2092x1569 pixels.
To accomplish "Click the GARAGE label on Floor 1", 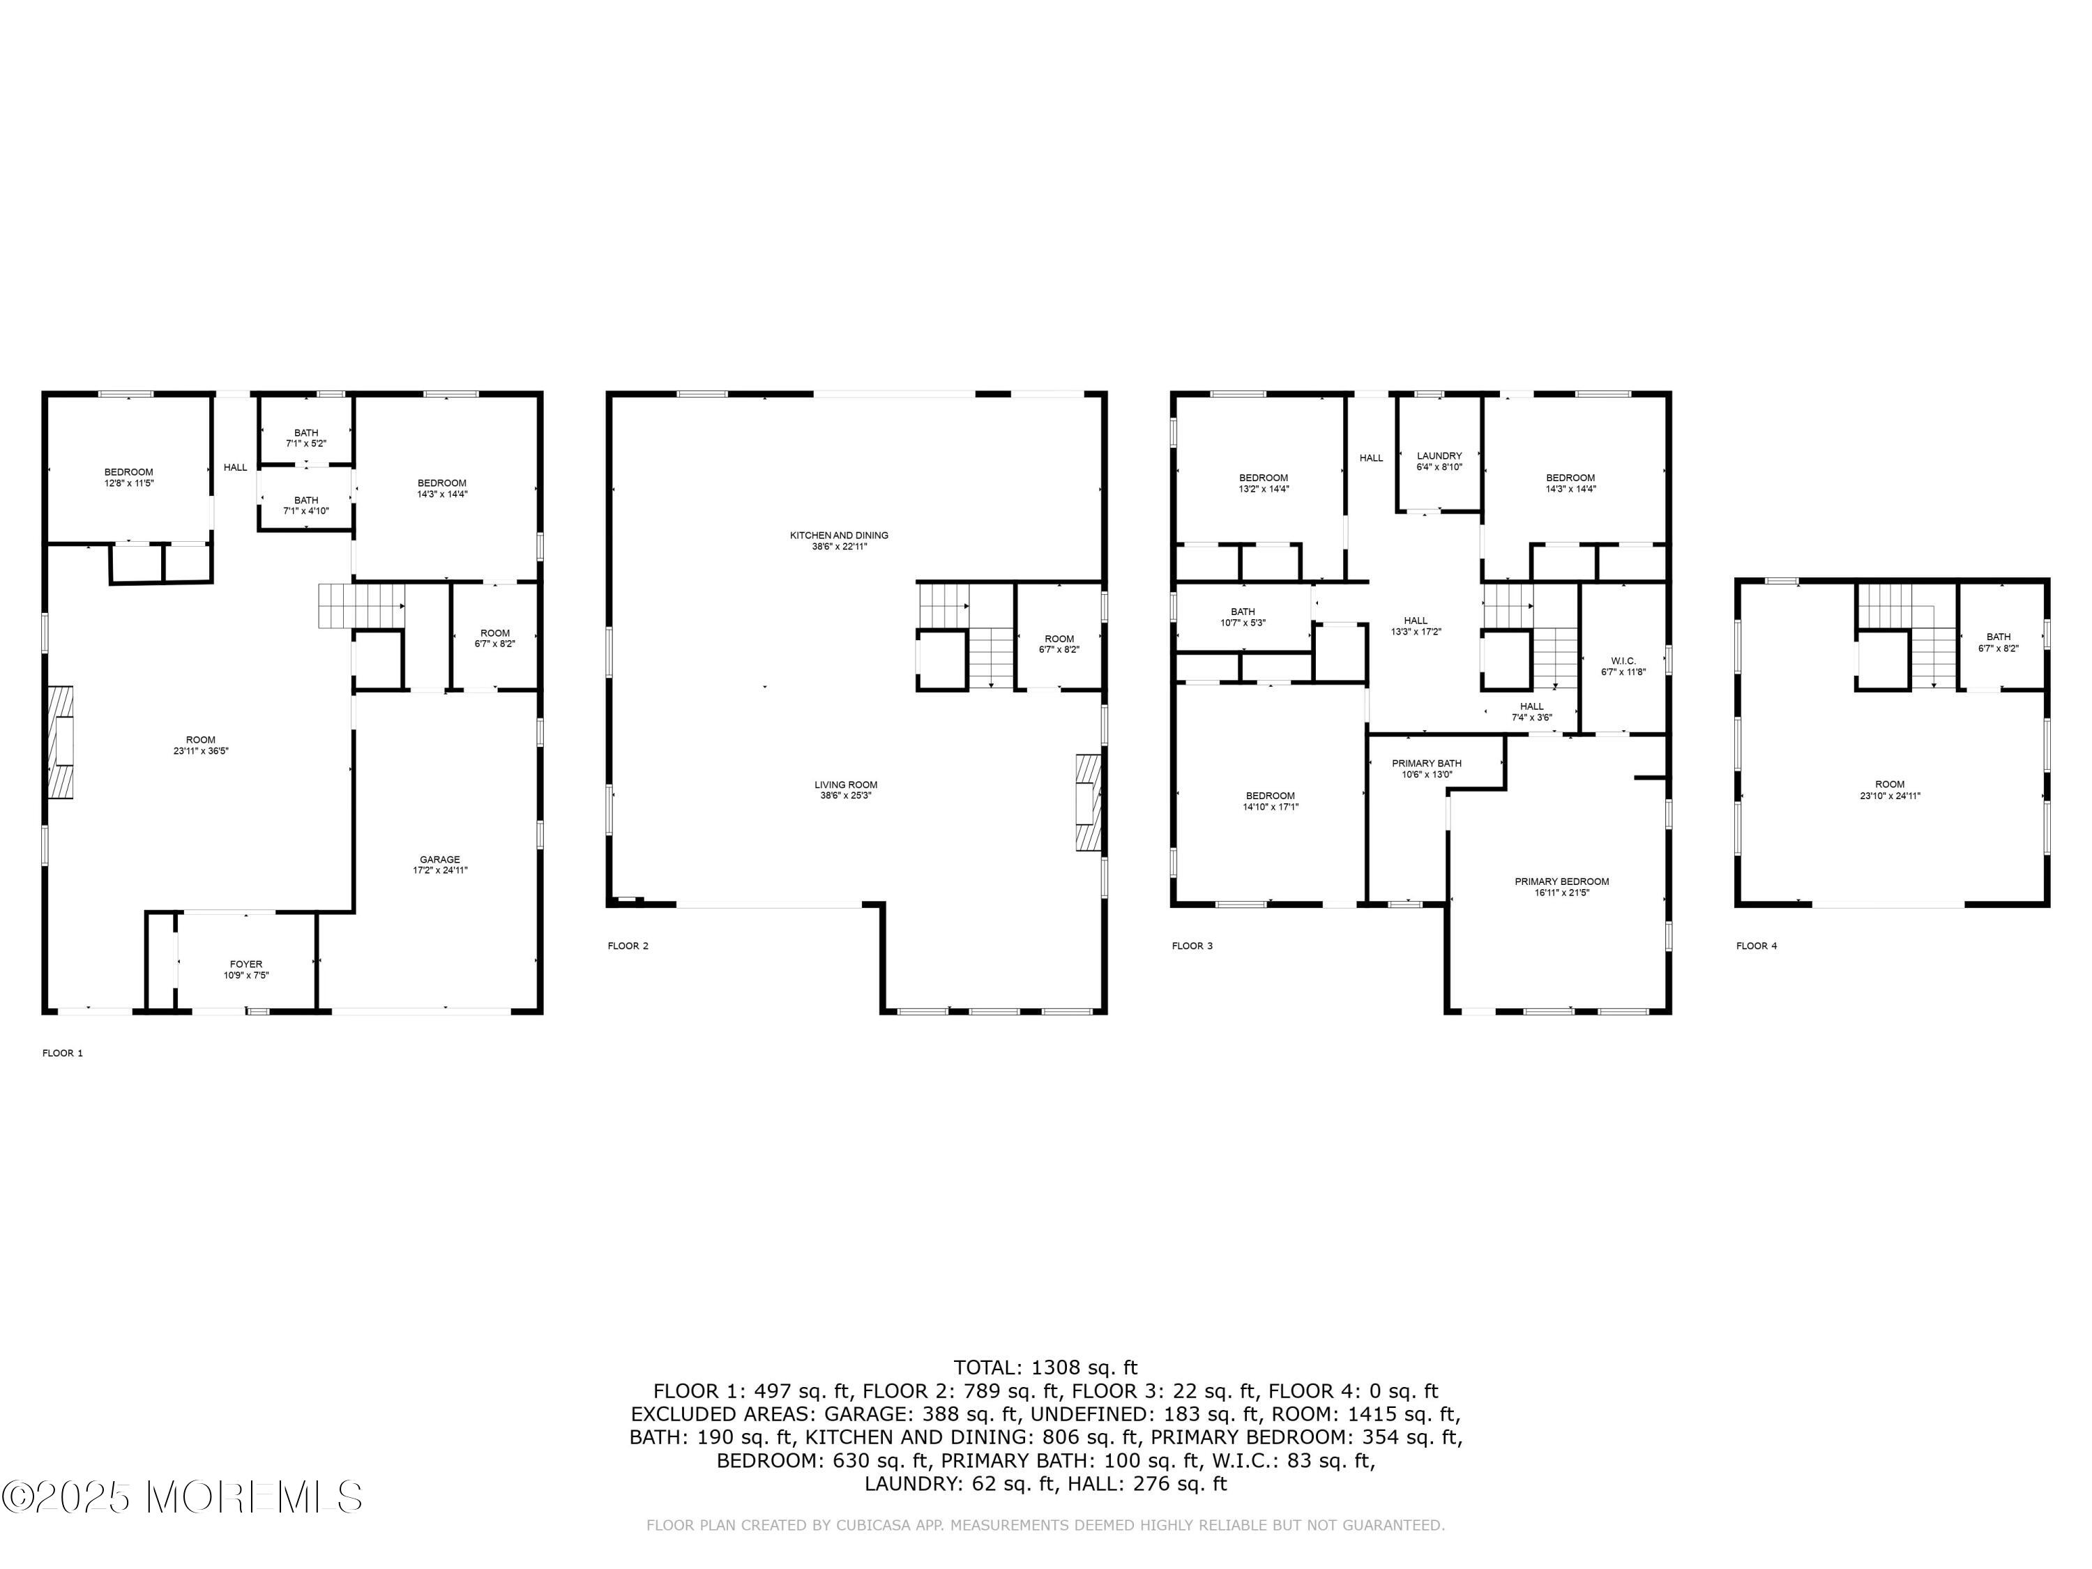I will click(x=440, y=860).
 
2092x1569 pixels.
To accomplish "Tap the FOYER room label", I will click(x=246, y=964).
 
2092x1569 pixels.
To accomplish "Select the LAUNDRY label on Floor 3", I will click(x=1439, y=456).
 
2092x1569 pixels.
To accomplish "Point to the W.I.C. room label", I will click(x=1623, y=661).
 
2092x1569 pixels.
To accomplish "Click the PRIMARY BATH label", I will click(x=1426, y=763).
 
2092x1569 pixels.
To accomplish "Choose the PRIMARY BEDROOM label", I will click(x=1561, y=881).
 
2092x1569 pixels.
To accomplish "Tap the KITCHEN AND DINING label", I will click(x=839, y=536).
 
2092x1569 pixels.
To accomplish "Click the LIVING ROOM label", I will click(x=845, y=785).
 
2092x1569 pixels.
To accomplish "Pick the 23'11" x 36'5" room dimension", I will click(x=201, y=751).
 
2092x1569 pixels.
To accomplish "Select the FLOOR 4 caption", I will click(x=1757, y=946).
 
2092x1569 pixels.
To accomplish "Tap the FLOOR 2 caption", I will click(x=628, y=946).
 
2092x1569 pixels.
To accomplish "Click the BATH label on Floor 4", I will click(x=1999, y=637).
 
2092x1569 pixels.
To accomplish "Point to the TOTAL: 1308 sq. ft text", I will click(x=1045, y=1367).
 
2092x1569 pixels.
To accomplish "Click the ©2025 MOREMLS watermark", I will click(x=181, y=1497).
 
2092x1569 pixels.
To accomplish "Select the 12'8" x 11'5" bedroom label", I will click(x=128, y=483).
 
